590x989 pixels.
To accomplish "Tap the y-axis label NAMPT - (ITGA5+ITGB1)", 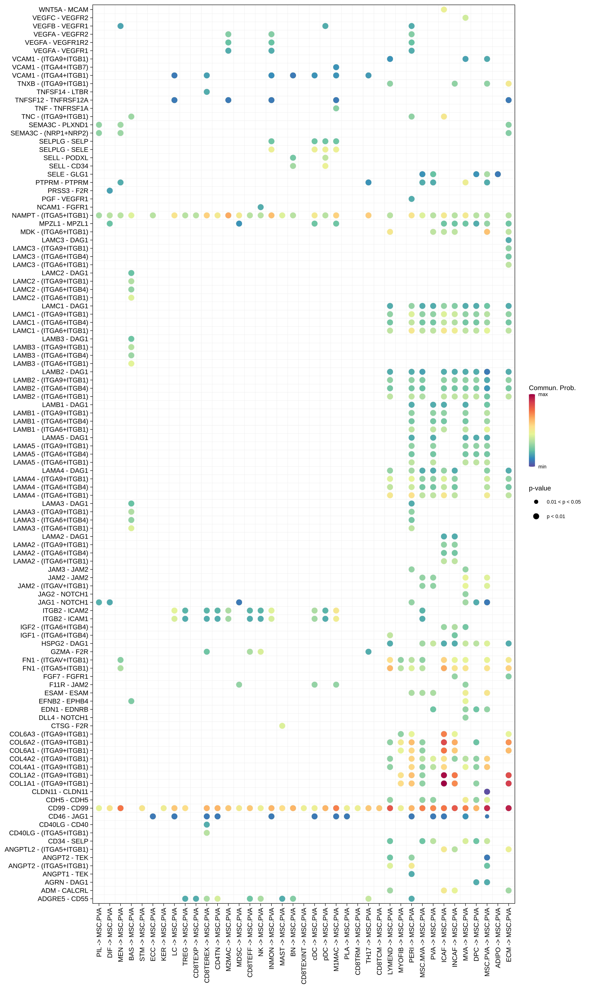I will point(50,215).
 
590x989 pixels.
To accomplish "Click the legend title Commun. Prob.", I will point(552,388).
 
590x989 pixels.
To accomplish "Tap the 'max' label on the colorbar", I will point(543,395).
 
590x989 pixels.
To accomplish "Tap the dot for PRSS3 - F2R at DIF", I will point(110,191).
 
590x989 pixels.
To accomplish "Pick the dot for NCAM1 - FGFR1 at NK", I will point(260,207).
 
